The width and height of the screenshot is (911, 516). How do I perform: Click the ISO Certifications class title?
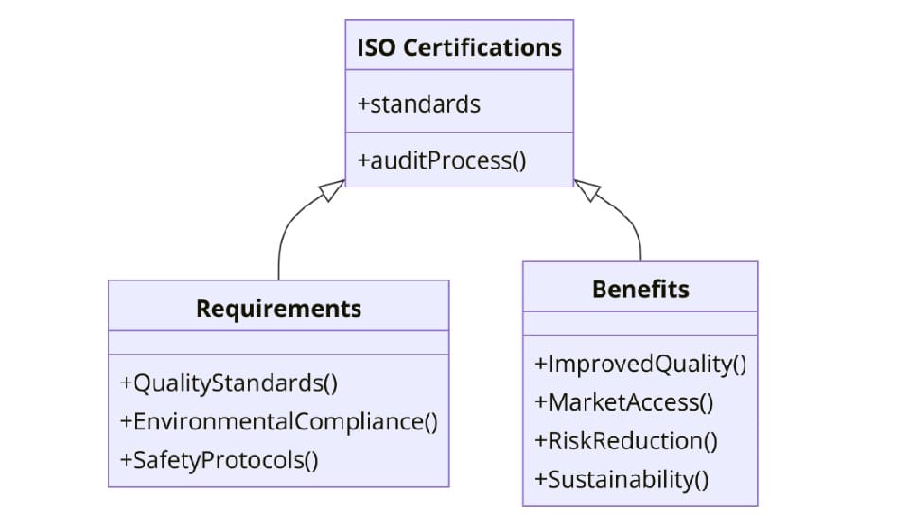(x=459, y=47)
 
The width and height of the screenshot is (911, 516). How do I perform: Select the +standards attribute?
(x=418, y=104)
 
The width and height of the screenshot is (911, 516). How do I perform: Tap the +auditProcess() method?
(x=441, y=160)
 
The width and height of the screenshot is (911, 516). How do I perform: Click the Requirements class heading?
(x=278, y=309)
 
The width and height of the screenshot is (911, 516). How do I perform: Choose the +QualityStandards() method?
(x=229, y=383)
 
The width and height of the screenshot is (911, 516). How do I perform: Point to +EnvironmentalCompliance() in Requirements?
(x=278, y=421)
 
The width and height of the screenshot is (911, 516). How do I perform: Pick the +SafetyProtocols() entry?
(x=219, y=460)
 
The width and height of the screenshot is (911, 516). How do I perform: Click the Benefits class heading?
(x=640, y=289)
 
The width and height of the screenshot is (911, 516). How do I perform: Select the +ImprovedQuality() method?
(x=640, y=365)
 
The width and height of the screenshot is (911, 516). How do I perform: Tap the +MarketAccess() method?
(x=623, y=402)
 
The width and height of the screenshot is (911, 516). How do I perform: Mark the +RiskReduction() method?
(x=625, y=441)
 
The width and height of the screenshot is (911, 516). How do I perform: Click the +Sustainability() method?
(x=621, y=479)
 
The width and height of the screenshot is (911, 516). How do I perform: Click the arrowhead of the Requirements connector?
(x=333, y=189)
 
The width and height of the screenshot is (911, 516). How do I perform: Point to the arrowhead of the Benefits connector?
(x=587, y=190)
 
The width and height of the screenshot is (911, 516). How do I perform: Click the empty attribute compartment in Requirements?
(x=278, y=343)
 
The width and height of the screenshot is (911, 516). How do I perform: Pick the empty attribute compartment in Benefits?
(x=640, y=324)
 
